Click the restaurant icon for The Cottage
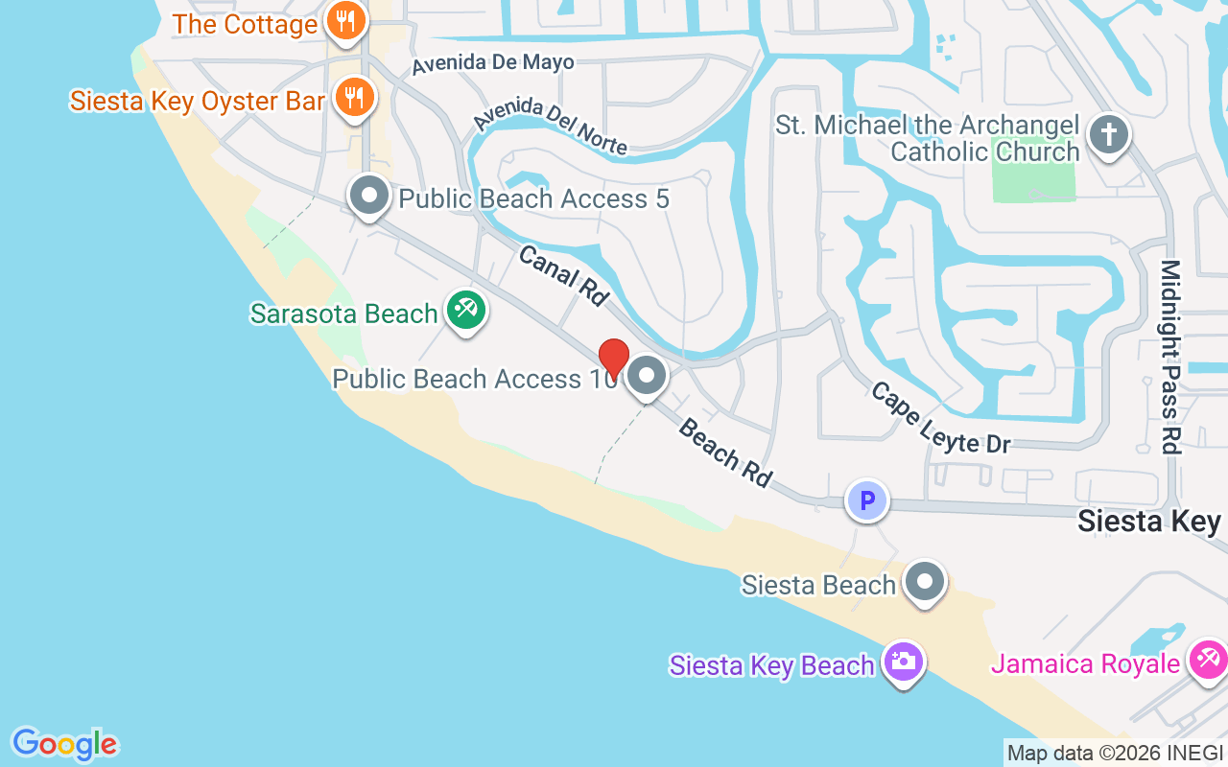click(x=344, y=21)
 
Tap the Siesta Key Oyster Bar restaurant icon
click(x=355, y=97)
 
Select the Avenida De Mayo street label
click(x=493, y=63)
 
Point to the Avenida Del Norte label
click(x=551, y=126)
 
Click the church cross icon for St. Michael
click(x=1108, y=134)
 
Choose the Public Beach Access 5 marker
click(x=368, y=196)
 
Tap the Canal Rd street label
click(x=563, y=275)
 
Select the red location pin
click(x=613, y=359)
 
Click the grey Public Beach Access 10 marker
click(x=648, y=376)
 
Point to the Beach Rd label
click(x=725, y=453)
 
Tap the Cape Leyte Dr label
click(x=940, y=418)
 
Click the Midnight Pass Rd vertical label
click(x=1170, y=356)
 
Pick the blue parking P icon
click(x=867, y=500)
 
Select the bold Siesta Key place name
click(x=1149, y=522)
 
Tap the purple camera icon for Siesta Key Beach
click(x=902, y=662)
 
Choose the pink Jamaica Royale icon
click(x=1206, y=662)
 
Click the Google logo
click(x=64, y=744)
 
